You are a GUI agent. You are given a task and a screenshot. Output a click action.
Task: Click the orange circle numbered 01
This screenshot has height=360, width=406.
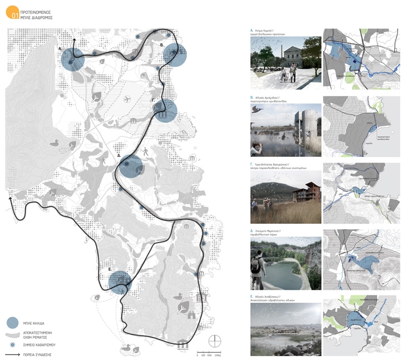tap(13, 13)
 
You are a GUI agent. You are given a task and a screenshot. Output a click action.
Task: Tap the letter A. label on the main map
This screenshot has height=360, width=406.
tap(60, 49)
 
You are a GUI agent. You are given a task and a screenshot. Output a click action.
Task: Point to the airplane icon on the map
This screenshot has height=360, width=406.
tap(128, 98)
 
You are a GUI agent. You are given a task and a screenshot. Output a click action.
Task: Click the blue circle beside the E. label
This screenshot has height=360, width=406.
tap(120, 282)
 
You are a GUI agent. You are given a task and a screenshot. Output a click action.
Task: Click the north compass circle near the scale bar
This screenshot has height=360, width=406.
tap(215, 341)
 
